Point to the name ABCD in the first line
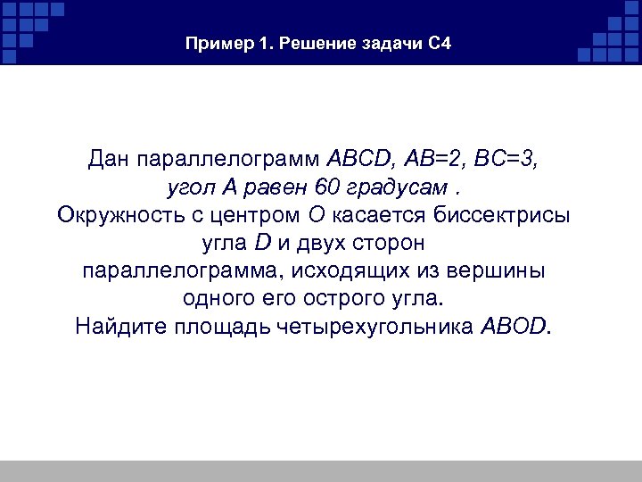coord(356,161)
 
